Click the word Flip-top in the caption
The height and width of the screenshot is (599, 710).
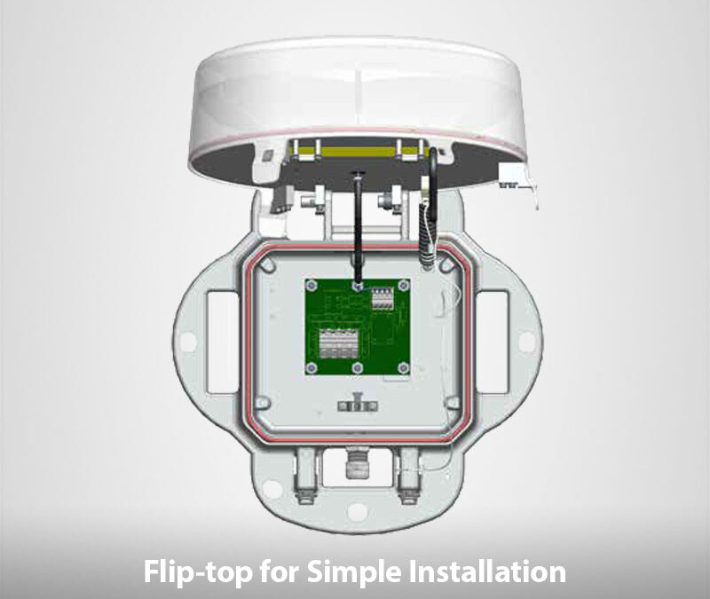point(198,571)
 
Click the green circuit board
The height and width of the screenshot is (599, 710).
point(358,327)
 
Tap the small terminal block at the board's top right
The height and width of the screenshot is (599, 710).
point(382,299)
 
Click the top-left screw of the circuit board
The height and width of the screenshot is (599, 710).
point(310,285)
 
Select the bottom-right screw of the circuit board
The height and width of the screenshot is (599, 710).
point(403,367)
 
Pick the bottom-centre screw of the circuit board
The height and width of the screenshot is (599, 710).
point(357,367)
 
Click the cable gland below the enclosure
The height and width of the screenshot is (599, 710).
point(357,463)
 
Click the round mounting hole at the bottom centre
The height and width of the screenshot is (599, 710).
point(357,510)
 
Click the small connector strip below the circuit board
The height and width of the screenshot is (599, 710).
point(358,406)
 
